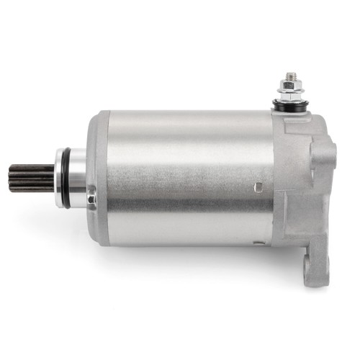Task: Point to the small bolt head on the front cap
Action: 91,194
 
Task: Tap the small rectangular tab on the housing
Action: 258,189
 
